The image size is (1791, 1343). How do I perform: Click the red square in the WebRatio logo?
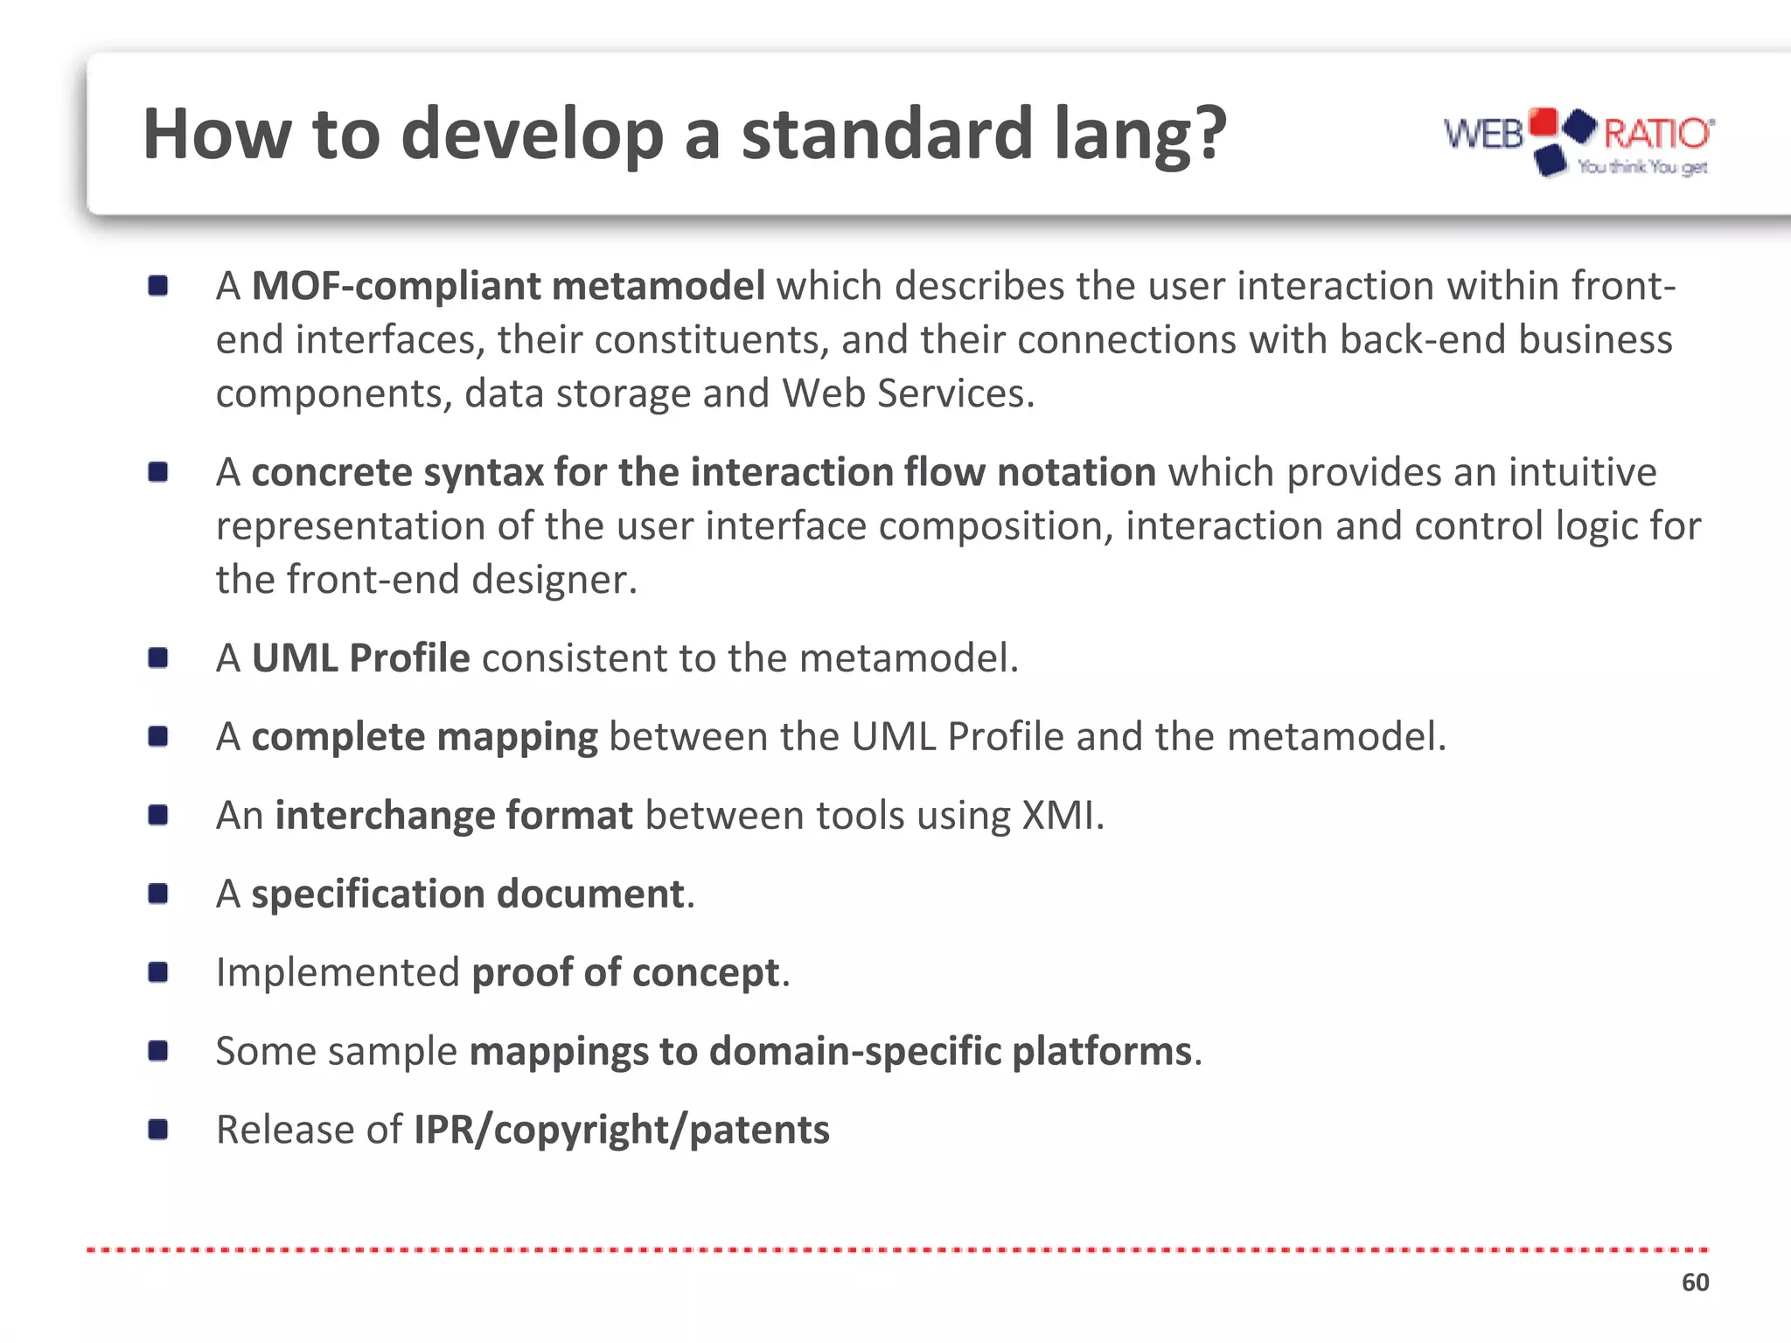1546,122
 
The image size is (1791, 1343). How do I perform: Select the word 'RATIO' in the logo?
1657,134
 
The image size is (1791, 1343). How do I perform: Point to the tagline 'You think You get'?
1641,167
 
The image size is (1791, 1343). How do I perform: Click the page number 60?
1695,1283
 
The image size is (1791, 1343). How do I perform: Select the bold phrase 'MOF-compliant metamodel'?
508,286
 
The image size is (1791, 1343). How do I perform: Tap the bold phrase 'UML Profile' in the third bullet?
360,658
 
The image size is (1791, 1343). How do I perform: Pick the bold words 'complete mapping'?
424,736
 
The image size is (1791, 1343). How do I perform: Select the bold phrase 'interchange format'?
453,815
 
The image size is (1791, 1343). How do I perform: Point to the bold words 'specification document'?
467,894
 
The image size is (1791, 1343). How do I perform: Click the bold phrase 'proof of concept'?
625,972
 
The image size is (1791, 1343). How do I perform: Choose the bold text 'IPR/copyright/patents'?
621,1130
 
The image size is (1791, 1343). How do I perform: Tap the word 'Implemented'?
338,972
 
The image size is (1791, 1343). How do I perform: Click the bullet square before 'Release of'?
158,1130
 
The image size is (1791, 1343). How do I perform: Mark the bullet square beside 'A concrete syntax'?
158,472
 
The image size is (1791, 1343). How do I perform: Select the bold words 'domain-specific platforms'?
951,1051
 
